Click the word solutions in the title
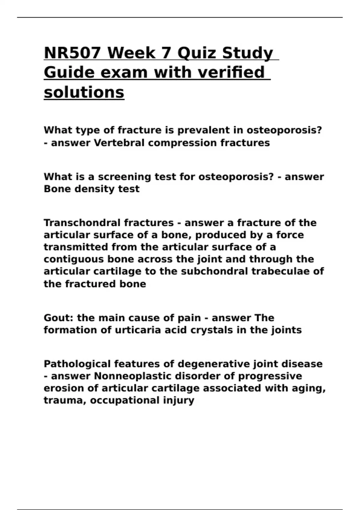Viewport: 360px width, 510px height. pos(84,92)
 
